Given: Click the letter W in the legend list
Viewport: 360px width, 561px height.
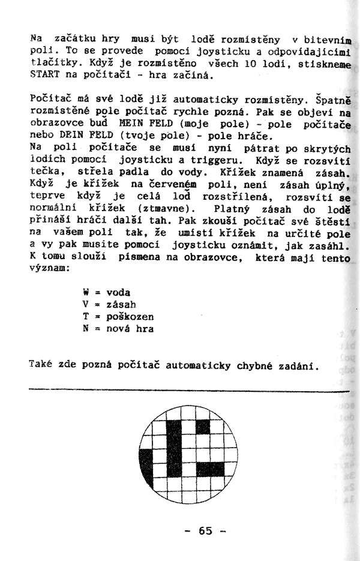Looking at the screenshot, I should (x=86, y=293).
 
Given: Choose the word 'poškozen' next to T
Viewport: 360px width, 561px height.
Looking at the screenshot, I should (x=130, y=317).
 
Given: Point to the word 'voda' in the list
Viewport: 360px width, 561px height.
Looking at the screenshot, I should (x=118, y=293).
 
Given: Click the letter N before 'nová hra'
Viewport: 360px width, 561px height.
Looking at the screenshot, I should (x=86, y=329).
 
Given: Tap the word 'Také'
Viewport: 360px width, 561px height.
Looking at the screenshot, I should (x=40, y=365).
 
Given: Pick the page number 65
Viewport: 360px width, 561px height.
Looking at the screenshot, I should (x=205, y=530).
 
